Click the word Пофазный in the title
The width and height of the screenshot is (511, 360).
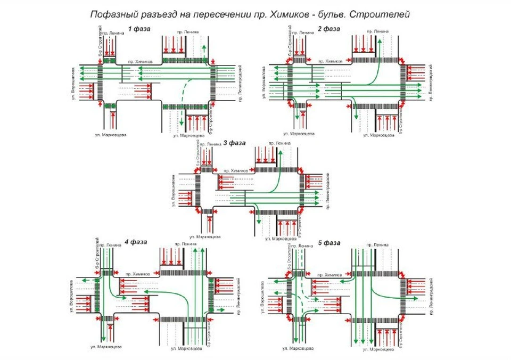tap(113, 13)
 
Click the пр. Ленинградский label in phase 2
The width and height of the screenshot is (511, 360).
tap(431, 83)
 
